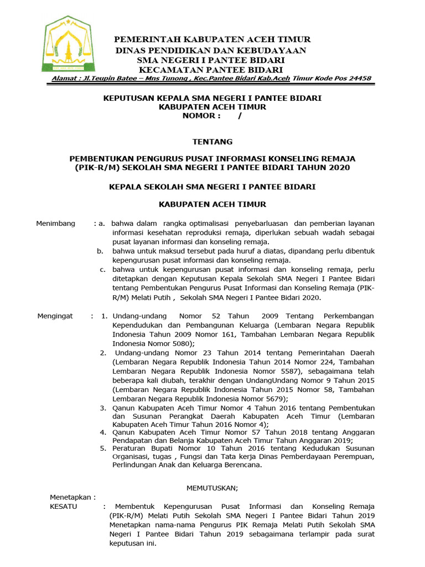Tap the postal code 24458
point(359,79)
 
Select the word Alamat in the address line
point(64,79)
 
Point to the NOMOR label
point(201,116)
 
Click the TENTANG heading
point(212,142)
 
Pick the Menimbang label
point(55,223)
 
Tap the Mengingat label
point(55,316)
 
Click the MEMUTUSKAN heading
point(212,488)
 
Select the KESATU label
point(64,506)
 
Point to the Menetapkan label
point(72,497)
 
